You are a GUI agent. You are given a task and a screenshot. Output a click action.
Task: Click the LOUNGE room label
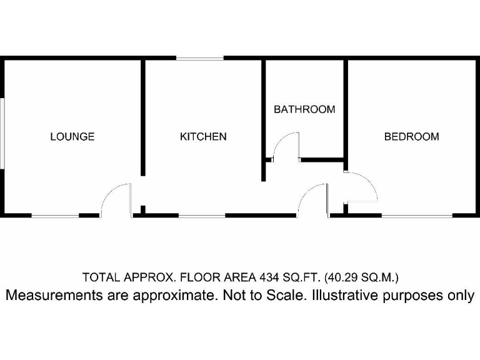pyautogui.click(x=72, y=136)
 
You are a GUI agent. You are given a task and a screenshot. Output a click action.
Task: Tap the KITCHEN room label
pyautogui.click(x=203, y=136)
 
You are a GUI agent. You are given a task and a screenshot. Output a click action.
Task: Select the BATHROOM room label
pyautogui.click(x=304, y=109)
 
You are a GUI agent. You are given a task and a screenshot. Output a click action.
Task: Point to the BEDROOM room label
pyautogui.click(x=411, y=136)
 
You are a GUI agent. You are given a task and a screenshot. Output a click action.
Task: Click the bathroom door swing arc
pyautogui.click(x=286, y=146)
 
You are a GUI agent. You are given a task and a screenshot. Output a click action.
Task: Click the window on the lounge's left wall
pyautogui.click(x=2, y=132)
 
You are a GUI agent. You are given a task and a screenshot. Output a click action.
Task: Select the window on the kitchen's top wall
pyautogui.click(x=200, y=58)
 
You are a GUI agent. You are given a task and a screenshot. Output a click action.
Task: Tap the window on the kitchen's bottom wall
pyautogui.click(x=201, y=216)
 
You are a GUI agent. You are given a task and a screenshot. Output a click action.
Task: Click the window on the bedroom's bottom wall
pyautogui.click(x=417, y=216)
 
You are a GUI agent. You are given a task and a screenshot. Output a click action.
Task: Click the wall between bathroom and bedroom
pyautogui.click(x=346, y=109)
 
